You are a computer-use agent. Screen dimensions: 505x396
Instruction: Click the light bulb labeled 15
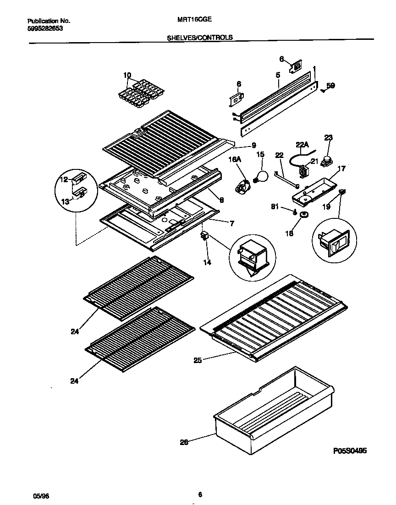[261, 176]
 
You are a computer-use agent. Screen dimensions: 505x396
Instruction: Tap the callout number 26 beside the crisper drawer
[183, 442]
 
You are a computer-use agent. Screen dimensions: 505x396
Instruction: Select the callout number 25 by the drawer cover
[197, 360]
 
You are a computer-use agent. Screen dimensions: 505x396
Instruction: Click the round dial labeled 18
[302, 215]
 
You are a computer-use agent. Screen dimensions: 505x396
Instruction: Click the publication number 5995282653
[45, 28]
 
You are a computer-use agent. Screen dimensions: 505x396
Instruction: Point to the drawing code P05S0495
[350, 451]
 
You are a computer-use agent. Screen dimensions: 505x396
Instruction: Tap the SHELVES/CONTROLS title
[200, 38]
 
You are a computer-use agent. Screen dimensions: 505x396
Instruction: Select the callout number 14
[207, 263]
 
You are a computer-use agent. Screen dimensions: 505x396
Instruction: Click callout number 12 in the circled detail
[64, 179]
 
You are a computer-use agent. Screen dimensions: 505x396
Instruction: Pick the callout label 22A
[302, 145]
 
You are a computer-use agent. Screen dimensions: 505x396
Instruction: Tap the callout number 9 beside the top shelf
[253, 146]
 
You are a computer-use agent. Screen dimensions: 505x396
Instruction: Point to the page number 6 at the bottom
[200, 494]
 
